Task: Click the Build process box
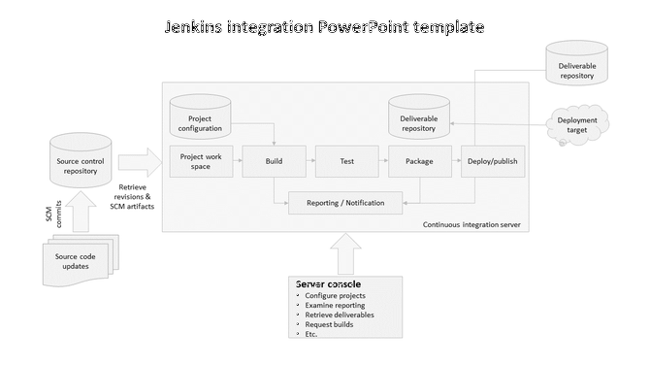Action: coord(274,161)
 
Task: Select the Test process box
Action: coord(346,161)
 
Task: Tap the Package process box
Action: coord(419,161)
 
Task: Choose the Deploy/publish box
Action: coord(492,161)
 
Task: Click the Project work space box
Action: coord(201,161)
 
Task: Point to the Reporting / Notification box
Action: coord(346,203)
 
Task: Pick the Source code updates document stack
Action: coord(72,260)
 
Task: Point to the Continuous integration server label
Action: coord(471,224)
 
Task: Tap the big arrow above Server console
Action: coord(346,256)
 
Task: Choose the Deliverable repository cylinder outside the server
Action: coord(576,64)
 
